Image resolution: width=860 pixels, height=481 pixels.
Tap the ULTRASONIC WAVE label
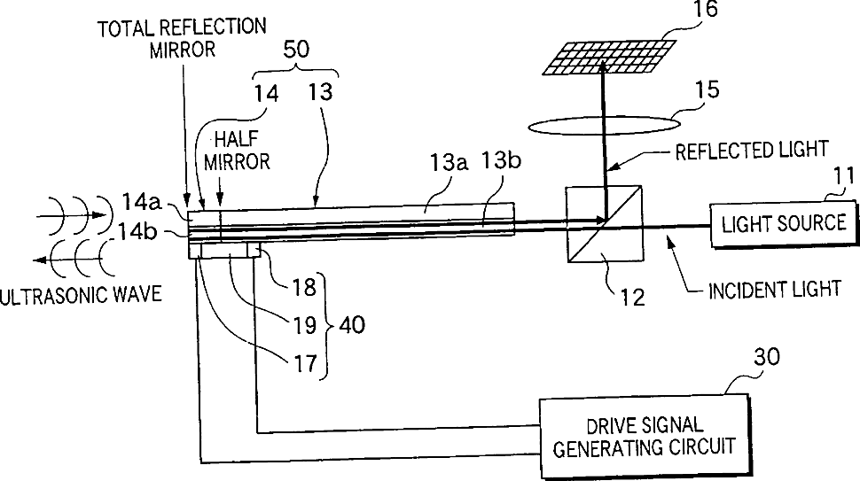coord(82,293)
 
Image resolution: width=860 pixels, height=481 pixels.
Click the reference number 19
coord(305,323)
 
